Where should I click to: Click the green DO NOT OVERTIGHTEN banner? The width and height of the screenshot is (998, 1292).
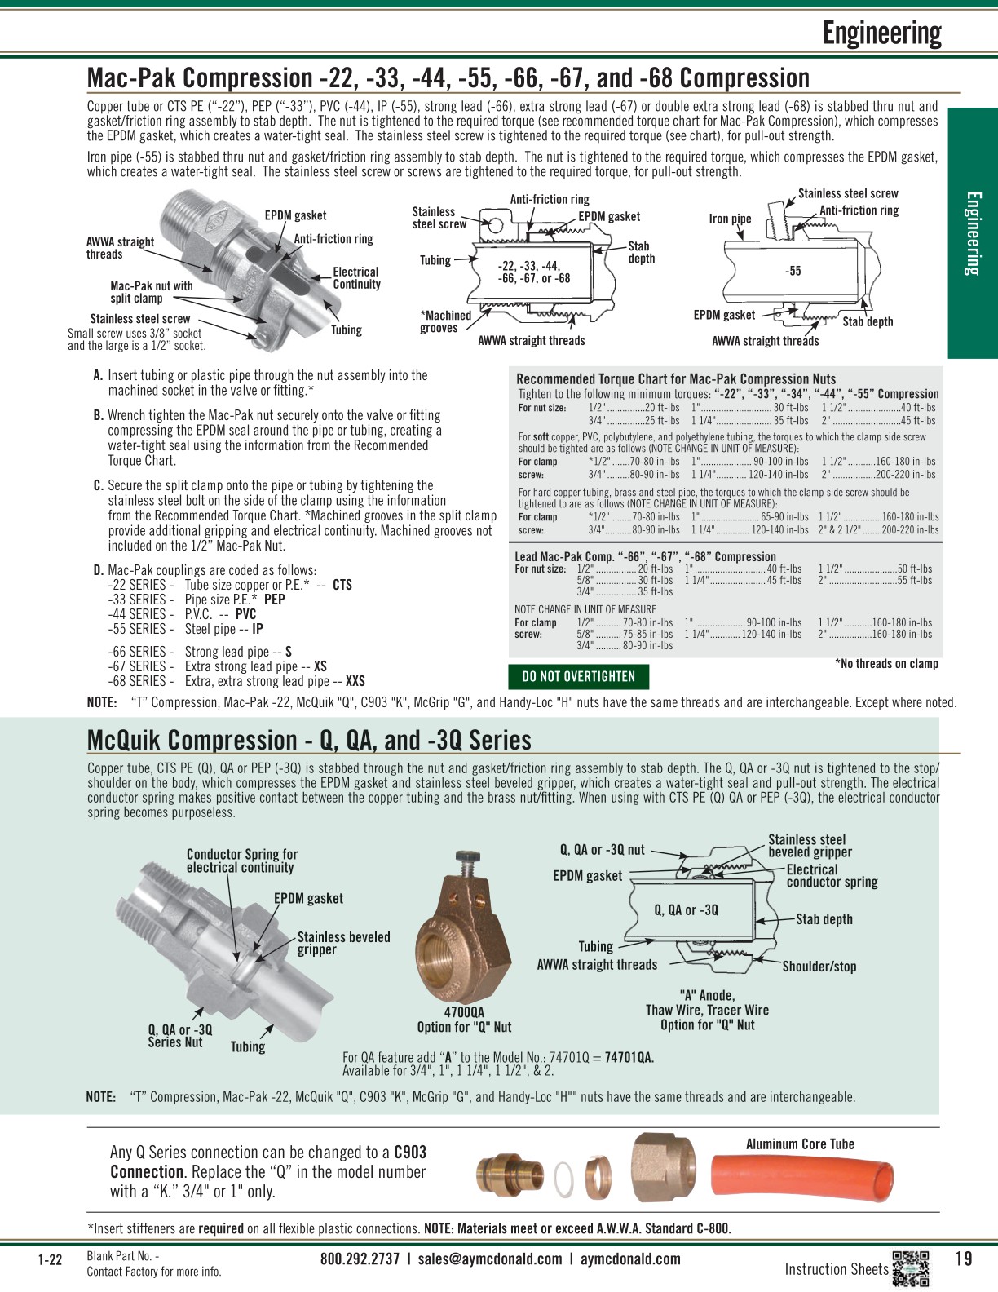578,676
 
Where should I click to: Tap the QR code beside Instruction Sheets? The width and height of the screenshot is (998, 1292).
911,1268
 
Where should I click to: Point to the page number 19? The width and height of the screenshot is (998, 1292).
963,1259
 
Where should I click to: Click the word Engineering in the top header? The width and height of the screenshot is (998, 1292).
881,33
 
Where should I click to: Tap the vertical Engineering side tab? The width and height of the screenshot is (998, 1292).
973,233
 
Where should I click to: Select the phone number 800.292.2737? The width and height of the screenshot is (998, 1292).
360,1259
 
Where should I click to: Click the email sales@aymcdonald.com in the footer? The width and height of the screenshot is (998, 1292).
490,1259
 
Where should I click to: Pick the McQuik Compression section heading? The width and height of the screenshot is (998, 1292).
309,740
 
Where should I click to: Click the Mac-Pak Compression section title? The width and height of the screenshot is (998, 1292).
448,78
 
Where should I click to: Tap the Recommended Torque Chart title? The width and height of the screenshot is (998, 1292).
676,378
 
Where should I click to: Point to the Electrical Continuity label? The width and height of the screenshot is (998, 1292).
356,278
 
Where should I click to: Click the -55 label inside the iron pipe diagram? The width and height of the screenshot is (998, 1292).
793,271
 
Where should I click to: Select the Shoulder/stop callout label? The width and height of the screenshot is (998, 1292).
819,967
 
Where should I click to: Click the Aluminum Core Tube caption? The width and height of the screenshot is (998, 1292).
800,1144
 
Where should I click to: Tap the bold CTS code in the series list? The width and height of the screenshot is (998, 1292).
342,585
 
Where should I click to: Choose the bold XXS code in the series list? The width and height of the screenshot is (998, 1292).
355,681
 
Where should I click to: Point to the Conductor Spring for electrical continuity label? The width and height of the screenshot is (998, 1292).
241,861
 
